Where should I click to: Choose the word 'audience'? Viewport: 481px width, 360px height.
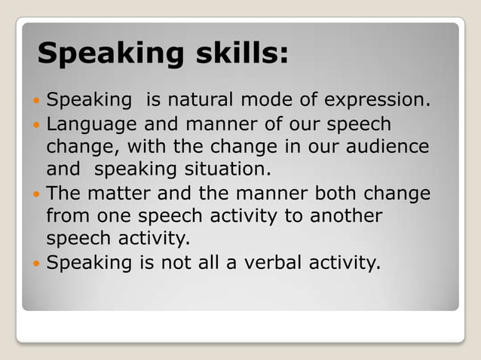pyautogui.click(x=387, y=146)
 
